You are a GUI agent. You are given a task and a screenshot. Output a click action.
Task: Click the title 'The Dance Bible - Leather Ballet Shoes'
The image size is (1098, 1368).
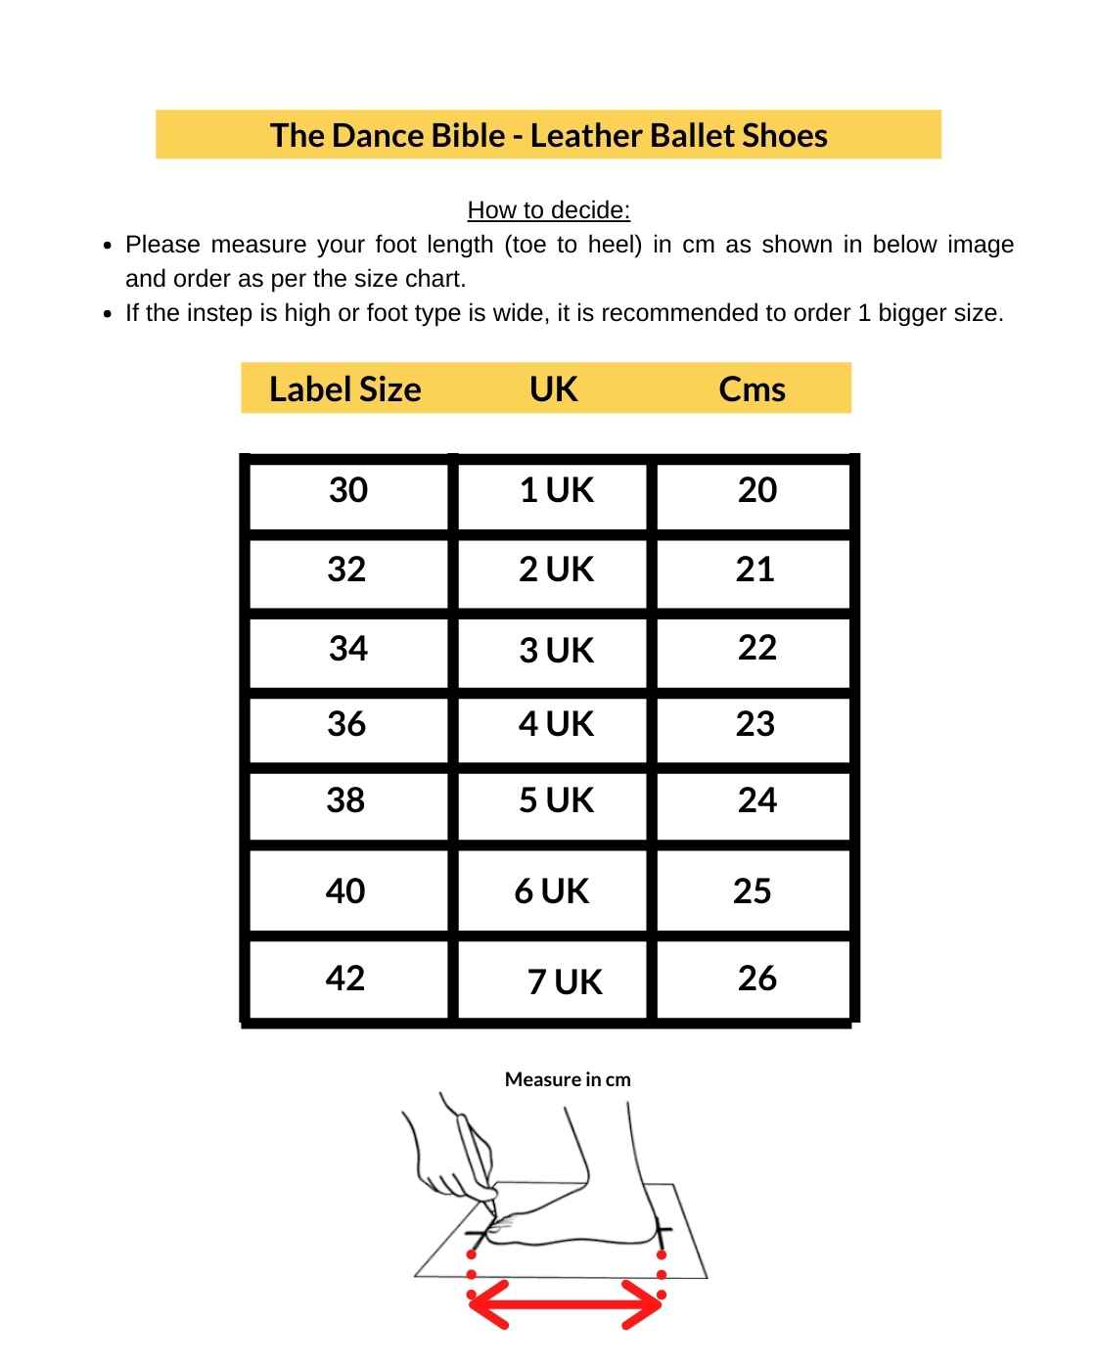pos(548,135)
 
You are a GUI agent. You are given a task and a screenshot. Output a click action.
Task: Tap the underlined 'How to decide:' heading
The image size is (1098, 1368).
pos(548,210)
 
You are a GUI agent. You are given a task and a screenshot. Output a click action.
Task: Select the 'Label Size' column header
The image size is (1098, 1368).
pos(344,389)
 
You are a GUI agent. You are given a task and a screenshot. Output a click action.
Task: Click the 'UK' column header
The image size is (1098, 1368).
pos(553,389)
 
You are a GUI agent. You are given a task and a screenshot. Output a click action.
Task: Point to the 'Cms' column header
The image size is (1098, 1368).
pos(752,389)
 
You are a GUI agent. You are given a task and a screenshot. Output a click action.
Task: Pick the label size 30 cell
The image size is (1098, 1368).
pos(348,490)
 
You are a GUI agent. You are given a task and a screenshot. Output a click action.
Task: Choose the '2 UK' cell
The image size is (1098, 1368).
pos(556,570)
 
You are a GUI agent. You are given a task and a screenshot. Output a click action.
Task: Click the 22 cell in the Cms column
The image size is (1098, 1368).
pos(756,648)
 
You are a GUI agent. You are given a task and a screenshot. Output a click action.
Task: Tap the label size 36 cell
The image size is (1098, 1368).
pos(346,724)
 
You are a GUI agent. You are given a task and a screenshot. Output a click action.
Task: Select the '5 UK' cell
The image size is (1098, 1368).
pos(556,800)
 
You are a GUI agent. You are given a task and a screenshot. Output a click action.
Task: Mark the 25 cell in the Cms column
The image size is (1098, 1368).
pos(752,891)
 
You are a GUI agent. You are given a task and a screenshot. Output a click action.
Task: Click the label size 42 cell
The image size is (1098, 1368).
pos(344,979)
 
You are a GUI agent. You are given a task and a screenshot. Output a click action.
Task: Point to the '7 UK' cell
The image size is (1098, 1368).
pos(565,981)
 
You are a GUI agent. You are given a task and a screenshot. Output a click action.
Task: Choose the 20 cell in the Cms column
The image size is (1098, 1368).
pos(756,490)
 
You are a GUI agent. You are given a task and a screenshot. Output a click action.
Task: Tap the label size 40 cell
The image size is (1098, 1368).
pos(344,891)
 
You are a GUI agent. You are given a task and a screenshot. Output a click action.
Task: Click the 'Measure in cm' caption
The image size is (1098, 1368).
pos(568,1079)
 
